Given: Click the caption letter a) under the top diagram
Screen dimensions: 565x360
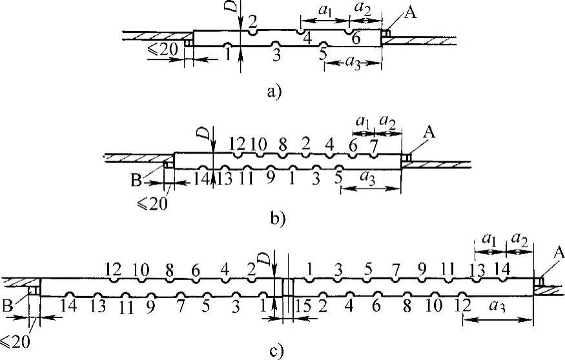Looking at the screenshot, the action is click(x=274, y=92).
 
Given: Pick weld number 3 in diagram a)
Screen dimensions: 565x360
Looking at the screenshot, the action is click(x=276, y=55).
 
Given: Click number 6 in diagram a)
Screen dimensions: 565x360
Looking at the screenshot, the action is click(x=355, y=39).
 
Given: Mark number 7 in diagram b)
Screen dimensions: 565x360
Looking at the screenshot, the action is click(x=373, y=145).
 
